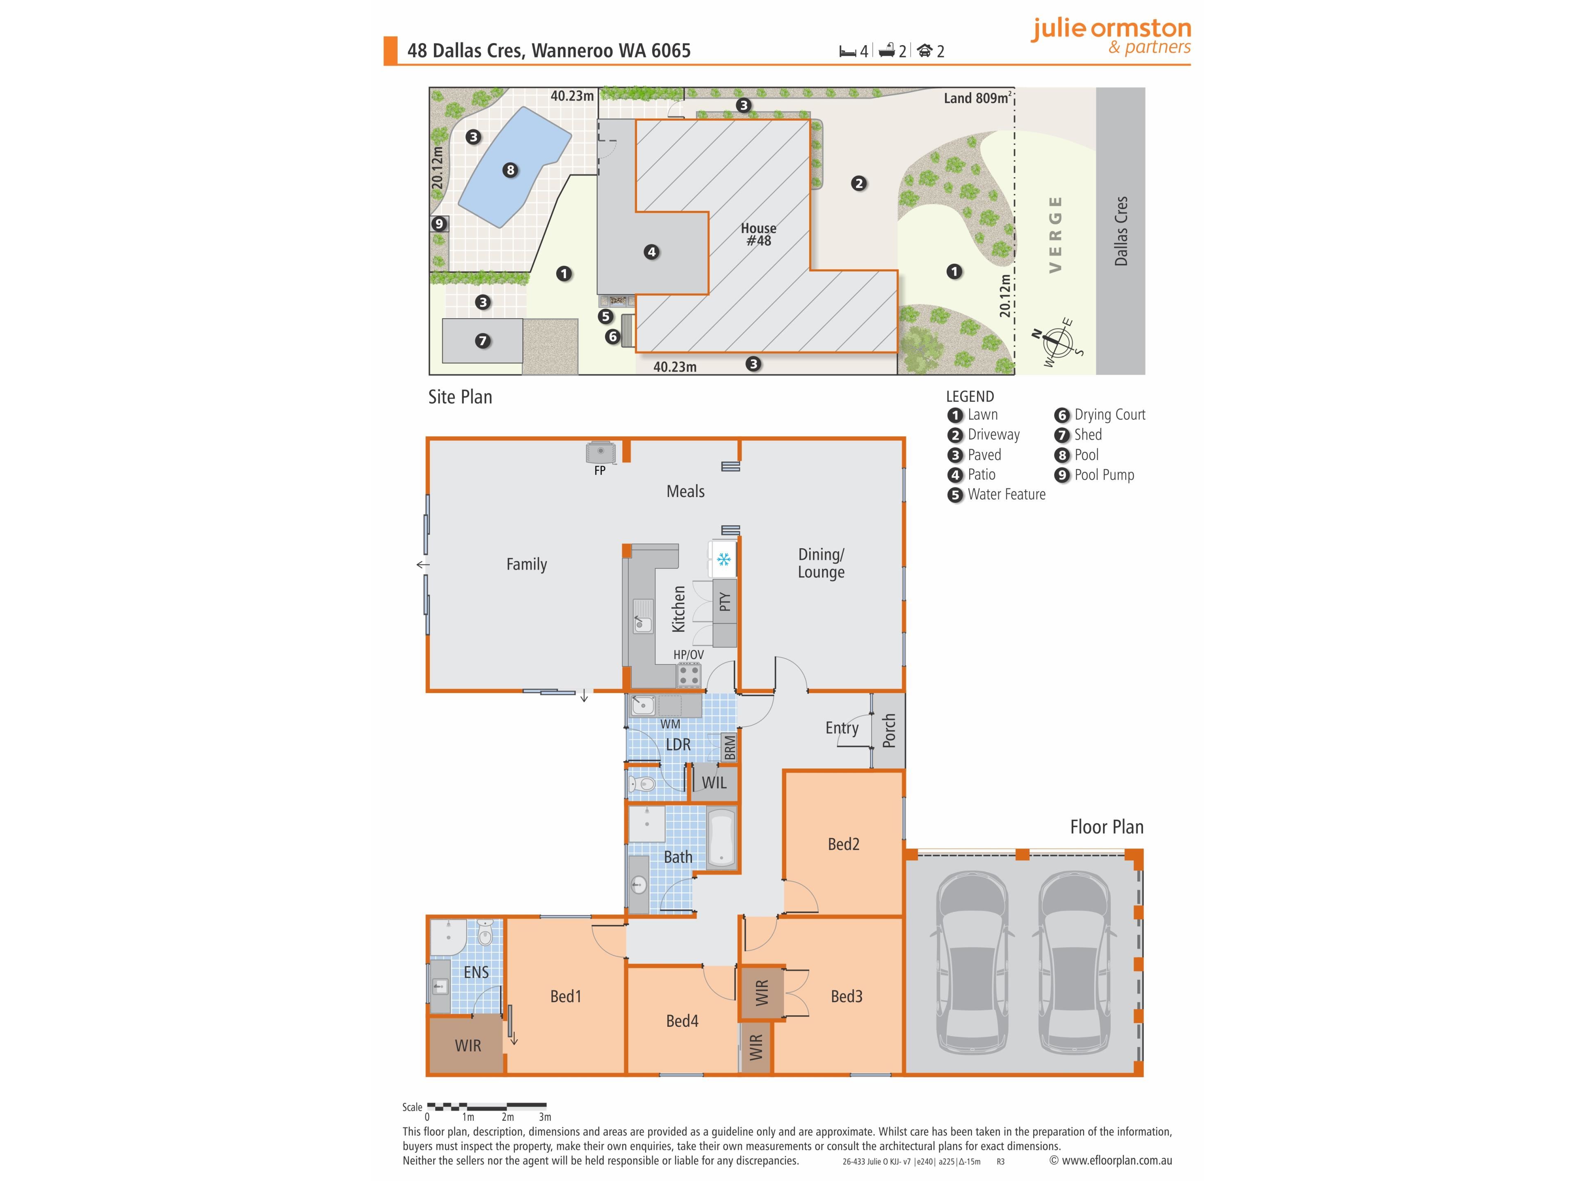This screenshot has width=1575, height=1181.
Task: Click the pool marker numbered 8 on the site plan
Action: point(510,170)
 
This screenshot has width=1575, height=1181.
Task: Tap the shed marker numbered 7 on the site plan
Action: point(483,341)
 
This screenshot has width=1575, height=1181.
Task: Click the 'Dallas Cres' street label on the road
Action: point(1121,231)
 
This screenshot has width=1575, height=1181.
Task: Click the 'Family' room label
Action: point(527,565)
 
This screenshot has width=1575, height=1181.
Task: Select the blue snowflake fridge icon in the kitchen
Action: point(724,559)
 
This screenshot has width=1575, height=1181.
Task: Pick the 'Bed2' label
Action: point(844,844)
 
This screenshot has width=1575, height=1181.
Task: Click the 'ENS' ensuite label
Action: point(476,972)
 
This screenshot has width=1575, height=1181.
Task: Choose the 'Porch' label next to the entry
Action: point(889,731)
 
